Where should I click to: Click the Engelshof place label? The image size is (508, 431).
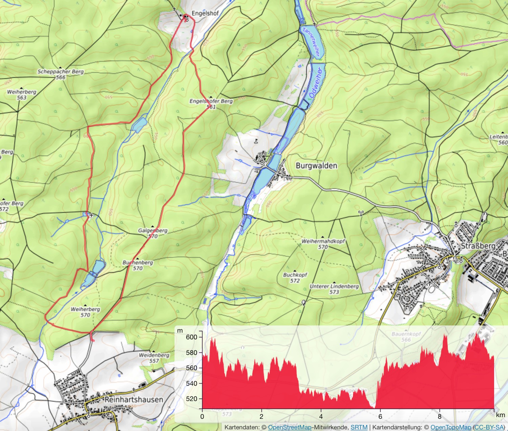coord(205,13)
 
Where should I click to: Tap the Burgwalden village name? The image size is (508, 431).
coord(316,165)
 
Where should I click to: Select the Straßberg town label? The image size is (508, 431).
coord(478,246)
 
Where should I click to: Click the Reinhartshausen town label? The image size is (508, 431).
coord(134,400)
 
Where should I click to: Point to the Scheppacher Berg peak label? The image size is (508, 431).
coord(60,72)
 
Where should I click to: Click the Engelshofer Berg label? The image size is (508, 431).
coord(211,101)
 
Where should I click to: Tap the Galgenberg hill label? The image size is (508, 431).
coord(153,231)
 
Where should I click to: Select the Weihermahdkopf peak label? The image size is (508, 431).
coord(323,242)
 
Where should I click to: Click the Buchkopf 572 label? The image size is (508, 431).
coord(295,278)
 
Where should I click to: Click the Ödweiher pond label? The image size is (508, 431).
coord(315,83)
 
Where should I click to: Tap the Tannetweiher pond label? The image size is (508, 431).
coord(311,42)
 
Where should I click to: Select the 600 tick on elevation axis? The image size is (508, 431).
coord(191,337)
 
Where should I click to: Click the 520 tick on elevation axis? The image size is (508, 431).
coord(191,399)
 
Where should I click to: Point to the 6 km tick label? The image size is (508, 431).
coord(380,416)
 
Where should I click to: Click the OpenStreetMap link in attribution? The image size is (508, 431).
coord(290,427)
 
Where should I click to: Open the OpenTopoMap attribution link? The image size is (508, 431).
coord(450,427)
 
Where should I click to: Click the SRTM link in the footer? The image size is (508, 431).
coord(359,427)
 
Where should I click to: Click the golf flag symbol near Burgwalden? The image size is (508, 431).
coord(256,141)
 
